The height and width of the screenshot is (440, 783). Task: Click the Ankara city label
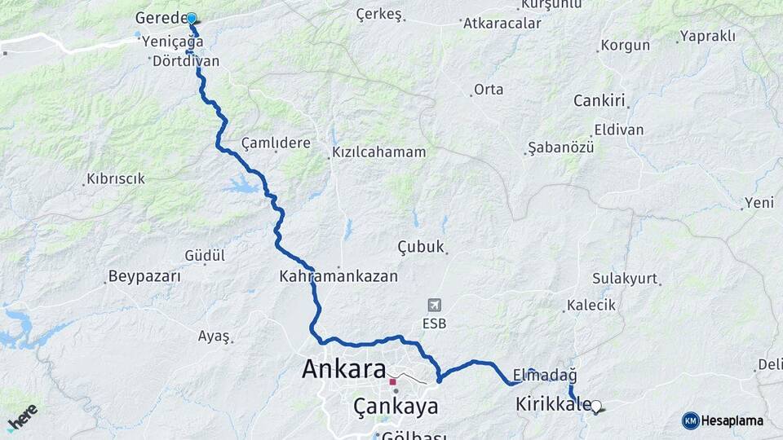coord(343,369)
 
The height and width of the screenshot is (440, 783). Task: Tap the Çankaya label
coord(396,406)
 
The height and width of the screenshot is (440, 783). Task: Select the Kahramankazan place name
coord(338,276)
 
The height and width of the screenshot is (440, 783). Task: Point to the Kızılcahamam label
coord(379,152)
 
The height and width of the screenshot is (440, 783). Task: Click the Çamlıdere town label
coord(276,143)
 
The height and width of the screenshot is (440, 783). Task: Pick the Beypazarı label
coord(144,277)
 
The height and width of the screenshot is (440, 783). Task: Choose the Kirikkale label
coord(553,403)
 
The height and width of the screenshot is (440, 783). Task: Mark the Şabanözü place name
coord(561,147)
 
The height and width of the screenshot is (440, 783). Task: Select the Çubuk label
coord(421,247)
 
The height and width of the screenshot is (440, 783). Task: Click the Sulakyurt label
coord(625,279)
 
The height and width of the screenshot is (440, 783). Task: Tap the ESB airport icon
coord(435,306)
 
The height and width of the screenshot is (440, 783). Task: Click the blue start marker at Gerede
coord(192,18)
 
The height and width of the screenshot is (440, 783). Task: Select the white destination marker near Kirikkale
coord(596,406)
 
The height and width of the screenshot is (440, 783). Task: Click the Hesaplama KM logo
coord(723,420)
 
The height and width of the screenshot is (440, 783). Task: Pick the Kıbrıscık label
coord(116,178)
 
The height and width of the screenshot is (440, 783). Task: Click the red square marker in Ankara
coord(392,381)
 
